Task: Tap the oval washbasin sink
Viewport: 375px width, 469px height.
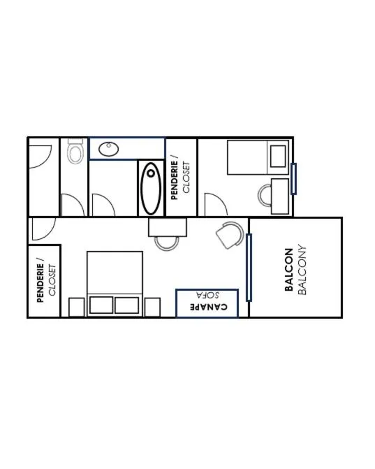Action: pyautogui.click(x=109, y=149)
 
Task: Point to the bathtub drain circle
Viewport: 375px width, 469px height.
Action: pyautogui.click(x=151, y=173)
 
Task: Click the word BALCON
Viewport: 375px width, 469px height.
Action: pyautogui.click(x=288, y=270)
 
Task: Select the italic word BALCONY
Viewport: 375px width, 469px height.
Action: pyautogui.click(x=302, y=270)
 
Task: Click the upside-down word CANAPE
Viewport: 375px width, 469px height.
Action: pyautogui.click(x=209, y=307)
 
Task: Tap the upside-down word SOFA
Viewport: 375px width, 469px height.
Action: pyautogui.click(x=207, y=295)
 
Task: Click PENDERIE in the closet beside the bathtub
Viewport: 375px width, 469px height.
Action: pyautogui.click(x=174, y=180)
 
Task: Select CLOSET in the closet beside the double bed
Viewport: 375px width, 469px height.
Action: pyautogui.click(x=52, y=280)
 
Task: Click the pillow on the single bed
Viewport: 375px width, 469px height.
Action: pyautogui.click(x=278, y=157)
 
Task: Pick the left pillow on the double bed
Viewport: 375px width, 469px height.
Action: pyautogui.click(x=101, y=305)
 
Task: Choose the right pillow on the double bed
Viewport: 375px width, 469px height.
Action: pyautogui.click(x=126, y=305)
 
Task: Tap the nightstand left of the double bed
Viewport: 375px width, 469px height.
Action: pyautogui.click(x=77, y=307)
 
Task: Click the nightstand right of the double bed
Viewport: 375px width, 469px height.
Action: pyautogui.click(x=152, y=307)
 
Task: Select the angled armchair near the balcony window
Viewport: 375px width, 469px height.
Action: pyautogui.click(x=230, y=235)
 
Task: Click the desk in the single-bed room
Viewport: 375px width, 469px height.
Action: pyautogui.click(x=280, y=196)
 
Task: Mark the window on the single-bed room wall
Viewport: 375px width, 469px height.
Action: pyautogui.click(x=293, y=179)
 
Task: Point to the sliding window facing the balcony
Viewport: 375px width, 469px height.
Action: pyautogui.click(x=249, y=268)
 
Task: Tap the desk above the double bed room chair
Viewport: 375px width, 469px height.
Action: pyautogui.click(x=168, y=227)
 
